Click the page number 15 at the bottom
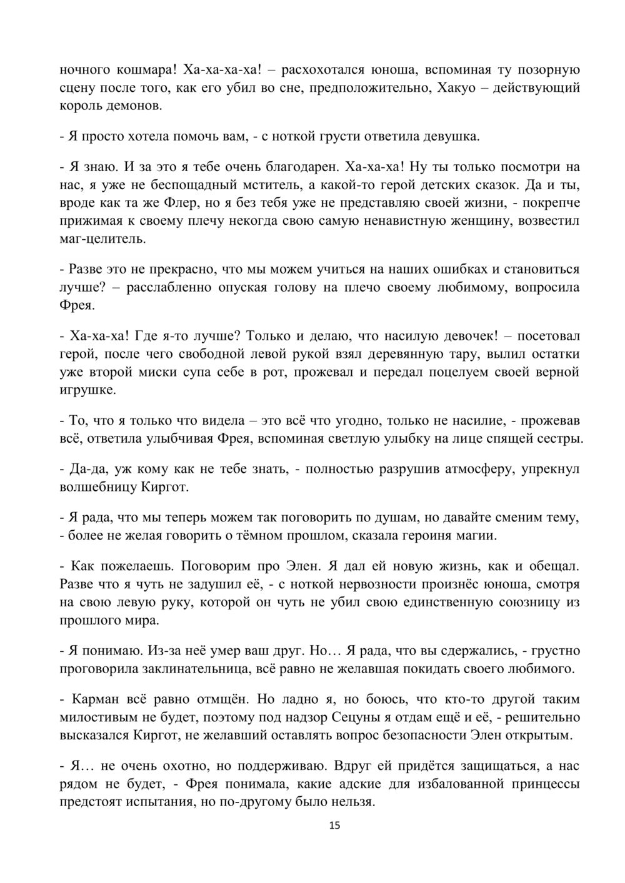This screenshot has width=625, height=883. point(334,826)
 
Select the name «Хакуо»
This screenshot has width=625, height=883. point(459,87)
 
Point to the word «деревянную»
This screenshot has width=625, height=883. point(363,354)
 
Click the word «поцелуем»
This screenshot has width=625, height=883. point(467,372)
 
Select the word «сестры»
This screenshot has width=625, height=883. point(561,438)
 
